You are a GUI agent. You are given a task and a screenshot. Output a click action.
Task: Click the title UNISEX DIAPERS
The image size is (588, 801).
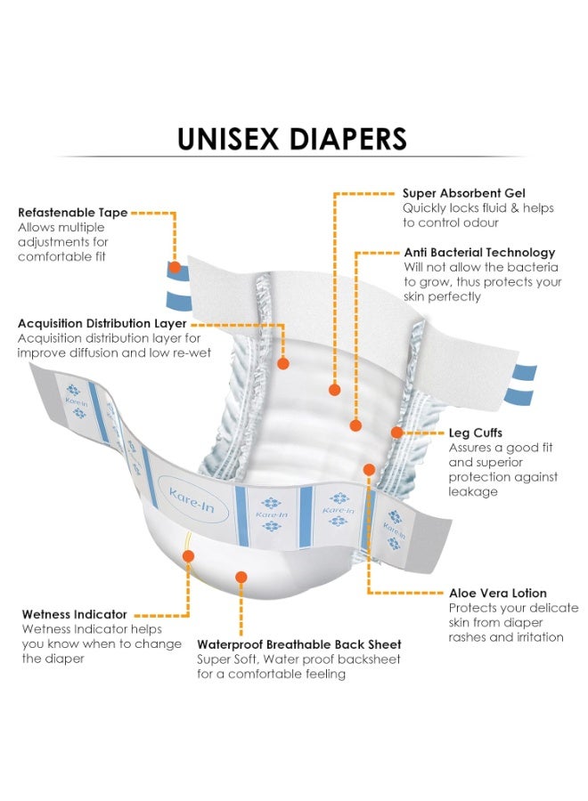point(292,139)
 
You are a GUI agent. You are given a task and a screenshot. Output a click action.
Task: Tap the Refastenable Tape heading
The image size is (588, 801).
point(72,213)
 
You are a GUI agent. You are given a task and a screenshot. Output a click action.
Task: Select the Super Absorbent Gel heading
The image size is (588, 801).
point(464,193)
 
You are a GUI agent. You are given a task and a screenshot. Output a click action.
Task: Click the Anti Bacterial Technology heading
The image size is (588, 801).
point(479,253)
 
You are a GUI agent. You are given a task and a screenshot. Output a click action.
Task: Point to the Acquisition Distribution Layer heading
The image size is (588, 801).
point(102,323)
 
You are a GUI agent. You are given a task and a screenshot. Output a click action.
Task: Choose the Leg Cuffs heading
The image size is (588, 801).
point(476,433)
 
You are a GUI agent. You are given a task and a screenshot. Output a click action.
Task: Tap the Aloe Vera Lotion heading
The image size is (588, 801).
point(498,593)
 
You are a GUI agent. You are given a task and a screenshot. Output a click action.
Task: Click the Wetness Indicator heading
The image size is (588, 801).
point(75,614)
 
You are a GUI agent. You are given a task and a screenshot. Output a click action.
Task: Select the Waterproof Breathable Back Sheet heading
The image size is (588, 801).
point(299,644)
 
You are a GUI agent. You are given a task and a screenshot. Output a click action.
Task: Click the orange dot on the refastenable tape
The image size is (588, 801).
point(175,267)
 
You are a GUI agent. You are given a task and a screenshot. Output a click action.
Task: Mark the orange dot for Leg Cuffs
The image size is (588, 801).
point(396,433)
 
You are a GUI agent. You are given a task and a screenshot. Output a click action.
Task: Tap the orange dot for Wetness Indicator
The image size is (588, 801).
point(188,555)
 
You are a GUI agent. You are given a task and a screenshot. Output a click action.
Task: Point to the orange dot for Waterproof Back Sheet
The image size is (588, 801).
point(241,578)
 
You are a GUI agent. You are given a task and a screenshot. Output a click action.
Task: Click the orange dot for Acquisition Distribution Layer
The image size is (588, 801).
point(283,364)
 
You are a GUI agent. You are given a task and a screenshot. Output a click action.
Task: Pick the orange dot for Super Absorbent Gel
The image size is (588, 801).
point(335,390)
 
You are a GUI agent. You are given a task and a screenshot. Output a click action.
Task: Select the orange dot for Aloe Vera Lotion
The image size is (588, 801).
point(369,469)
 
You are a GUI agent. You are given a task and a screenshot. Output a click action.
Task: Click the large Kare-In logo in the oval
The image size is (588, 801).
point(192,500)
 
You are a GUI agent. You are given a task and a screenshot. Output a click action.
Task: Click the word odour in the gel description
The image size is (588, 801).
point(478,222)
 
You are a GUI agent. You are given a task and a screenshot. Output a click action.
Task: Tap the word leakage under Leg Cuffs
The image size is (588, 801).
point(473,492)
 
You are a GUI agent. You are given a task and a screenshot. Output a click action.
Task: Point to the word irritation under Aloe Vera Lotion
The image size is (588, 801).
point(538,637)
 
